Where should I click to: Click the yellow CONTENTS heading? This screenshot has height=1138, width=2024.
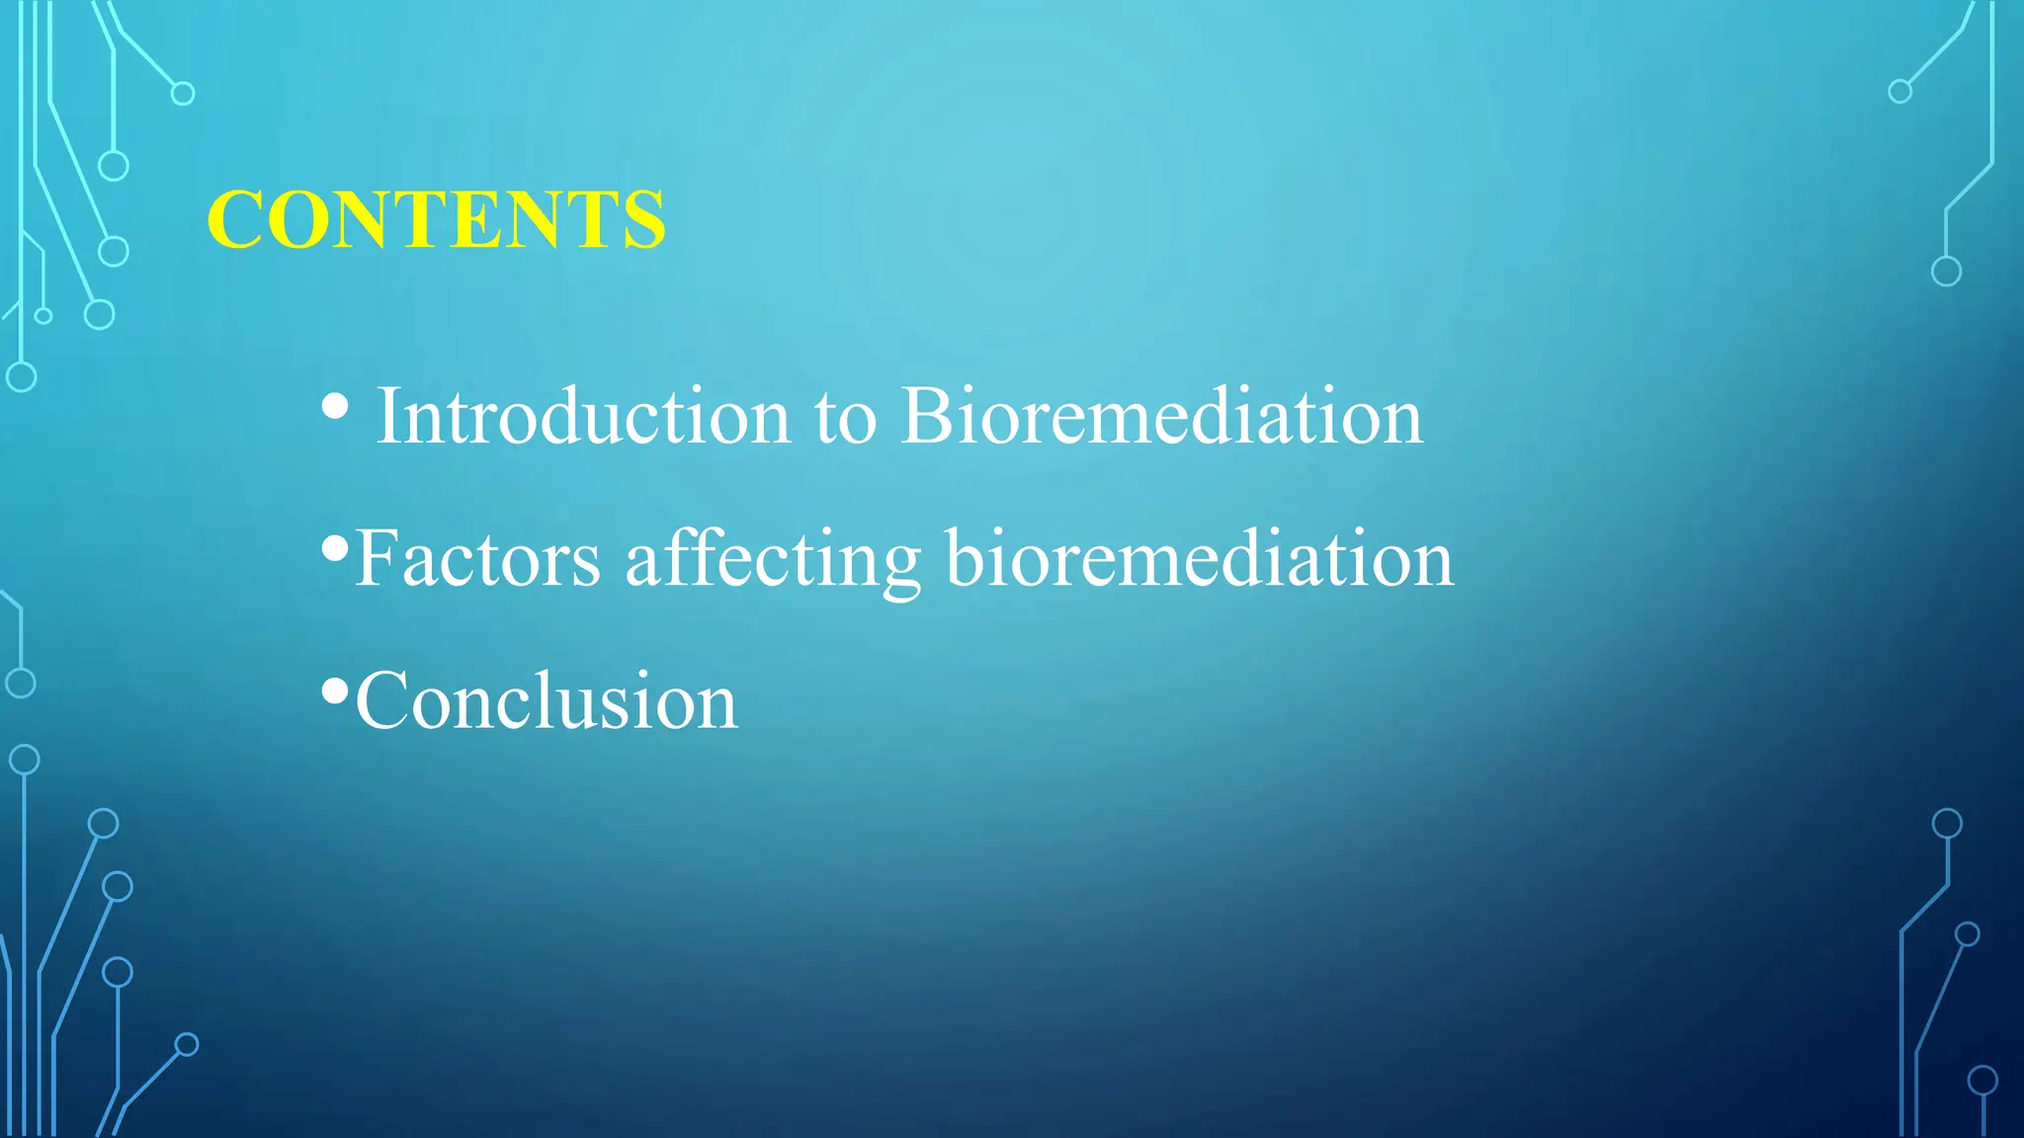click(x=436, y=219)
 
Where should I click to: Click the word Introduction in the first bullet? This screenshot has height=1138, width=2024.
click(x=583, y=417)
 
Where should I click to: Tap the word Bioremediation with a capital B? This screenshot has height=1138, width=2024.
click(x=1161, y=417)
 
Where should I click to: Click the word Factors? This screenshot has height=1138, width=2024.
click(x=477, y=559)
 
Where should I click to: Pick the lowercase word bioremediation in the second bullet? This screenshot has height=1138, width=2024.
click(x=1198, y=559)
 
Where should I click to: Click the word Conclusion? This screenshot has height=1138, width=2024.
click(x=546, y=701)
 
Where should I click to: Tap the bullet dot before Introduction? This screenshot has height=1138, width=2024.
click(x=335, y=406)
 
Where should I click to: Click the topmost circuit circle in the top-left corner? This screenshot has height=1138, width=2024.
click(x=183, y=94)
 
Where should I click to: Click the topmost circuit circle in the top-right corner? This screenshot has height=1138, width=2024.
click(x=1899, y=92)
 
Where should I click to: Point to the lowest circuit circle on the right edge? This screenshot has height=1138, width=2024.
click(x=1982, y=1081)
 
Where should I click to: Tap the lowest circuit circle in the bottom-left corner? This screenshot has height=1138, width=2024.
click(x=187, y=1044)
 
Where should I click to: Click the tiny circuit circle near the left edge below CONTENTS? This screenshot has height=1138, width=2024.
click(x=43, y=316)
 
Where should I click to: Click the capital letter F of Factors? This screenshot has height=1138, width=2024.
click(x=374, y=559)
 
